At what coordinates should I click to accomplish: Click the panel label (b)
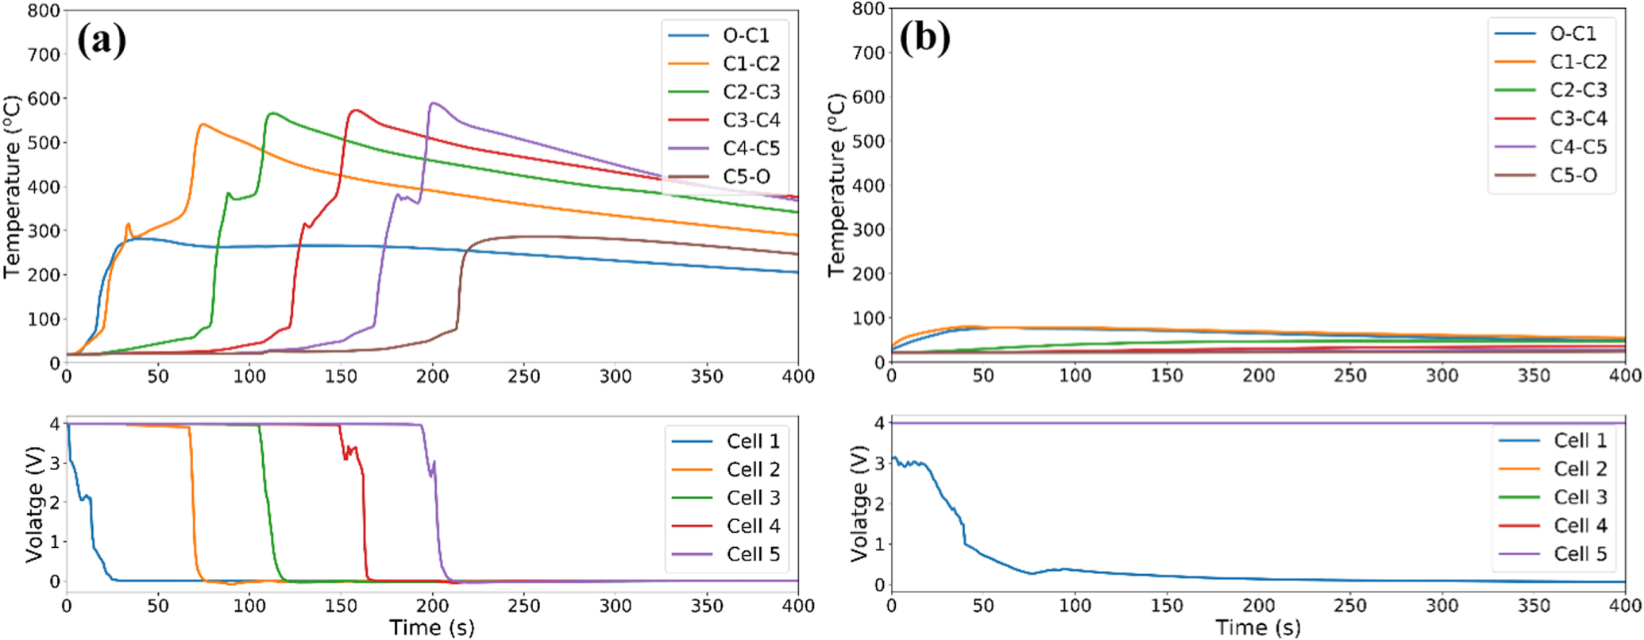click(x=925, y=37)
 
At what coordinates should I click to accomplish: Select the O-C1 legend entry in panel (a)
click(x=746, y=36)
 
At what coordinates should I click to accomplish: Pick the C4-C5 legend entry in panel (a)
click(x=751, y=148)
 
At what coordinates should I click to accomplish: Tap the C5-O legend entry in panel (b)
click(x=1573, y=175)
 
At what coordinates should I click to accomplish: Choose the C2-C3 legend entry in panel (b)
click(x=1578, y=91)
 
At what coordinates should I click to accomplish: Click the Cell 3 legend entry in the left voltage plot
click(x=753, y=498)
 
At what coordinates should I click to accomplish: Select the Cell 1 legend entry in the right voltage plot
click(x=1580, y=441)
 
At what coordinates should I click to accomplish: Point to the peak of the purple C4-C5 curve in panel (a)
click(x=433, y=102)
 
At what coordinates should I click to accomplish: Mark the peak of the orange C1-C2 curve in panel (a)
click(x=203, y=124)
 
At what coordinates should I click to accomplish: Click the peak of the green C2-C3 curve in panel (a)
click(x=272, y=113)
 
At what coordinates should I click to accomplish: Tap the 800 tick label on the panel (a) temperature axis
click(x=44, y=11)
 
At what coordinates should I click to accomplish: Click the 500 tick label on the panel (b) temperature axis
click(x=869, y=141)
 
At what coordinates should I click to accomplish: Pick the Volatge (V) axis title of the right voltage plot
click(x=859, y=503)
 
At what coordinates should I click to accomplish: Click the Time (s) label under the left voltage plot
click(x=432, y=628)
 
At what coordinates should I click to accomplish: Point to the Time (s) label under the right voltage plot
click(x=1258, y=628)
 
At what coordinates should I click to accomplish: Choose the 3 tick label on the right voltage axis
click(x=879, y=463)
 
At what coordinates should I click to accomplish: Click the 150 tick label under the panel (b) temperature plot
click(x=1167, y=376)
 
